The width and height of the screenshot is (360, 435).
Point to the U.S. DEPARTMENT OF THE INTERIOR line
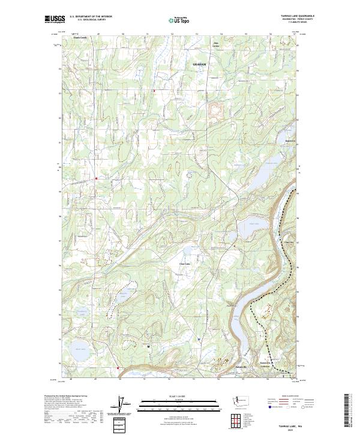point(91,17)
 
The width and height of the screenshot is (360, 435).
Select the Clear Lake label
point(185,263)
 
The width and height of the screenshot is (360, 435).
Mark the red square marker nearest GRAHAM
point(154,91)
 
